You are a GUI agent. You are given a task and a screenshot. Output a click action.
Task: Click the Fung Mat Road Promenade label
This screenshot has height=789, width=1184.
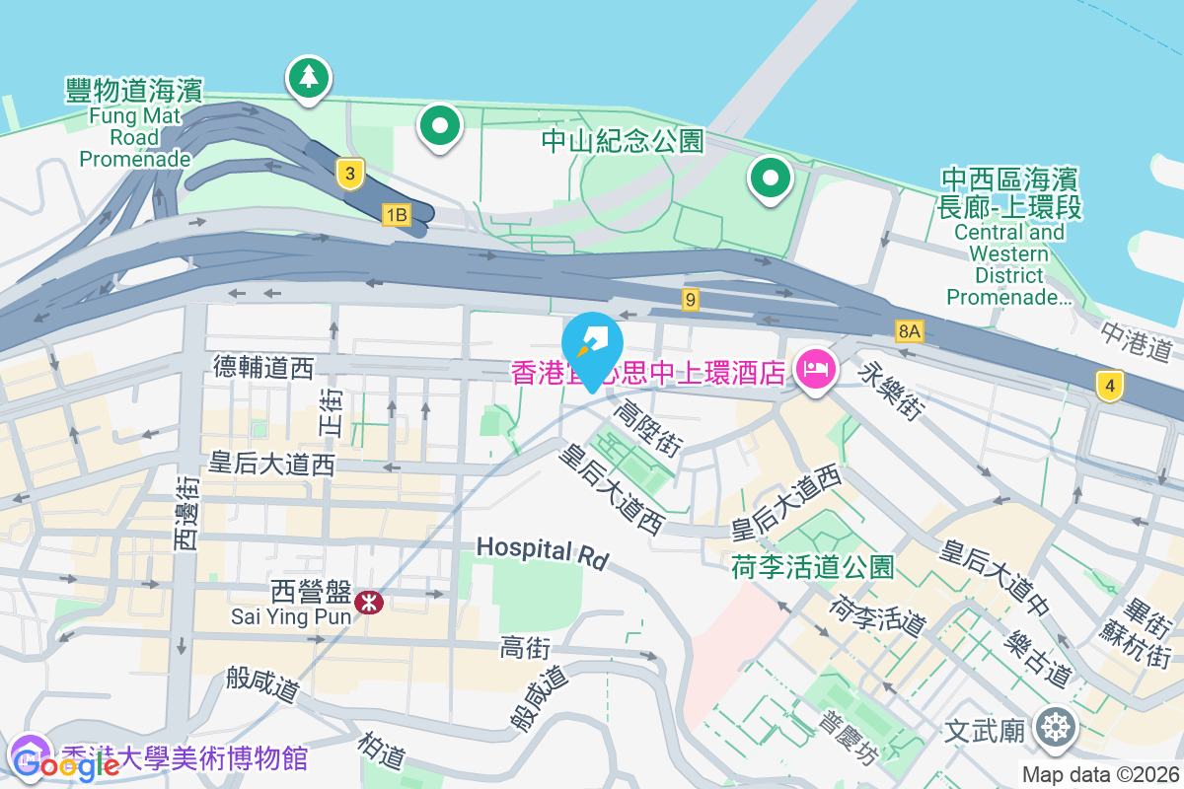[134, 122]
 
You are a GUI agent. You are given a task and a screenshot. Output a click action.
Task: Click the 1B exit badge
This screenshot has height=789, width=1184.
[396, 215]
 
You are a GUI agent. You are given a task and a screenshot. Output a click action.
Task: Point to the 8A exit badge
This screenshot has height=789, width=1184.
[909, 331]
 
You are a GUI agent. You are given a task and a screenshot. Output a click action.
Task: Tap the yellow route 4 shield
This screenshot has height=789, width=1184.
[1110, 387]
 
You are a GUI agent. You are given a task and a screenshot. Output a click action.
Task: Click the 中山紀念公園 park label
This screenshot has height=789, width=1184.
[623, 141]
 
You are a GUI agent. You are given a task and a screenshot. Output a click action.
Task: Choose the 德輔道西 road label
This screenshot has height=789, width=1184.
[263, 368]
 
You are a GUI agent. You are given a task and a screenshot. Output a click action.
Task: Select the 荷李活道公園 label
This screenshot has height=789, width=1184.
[813, 566]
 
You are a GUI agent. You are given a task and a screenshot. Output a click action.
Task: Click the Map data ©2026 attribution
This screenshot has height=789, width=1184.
[1100, 774]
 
